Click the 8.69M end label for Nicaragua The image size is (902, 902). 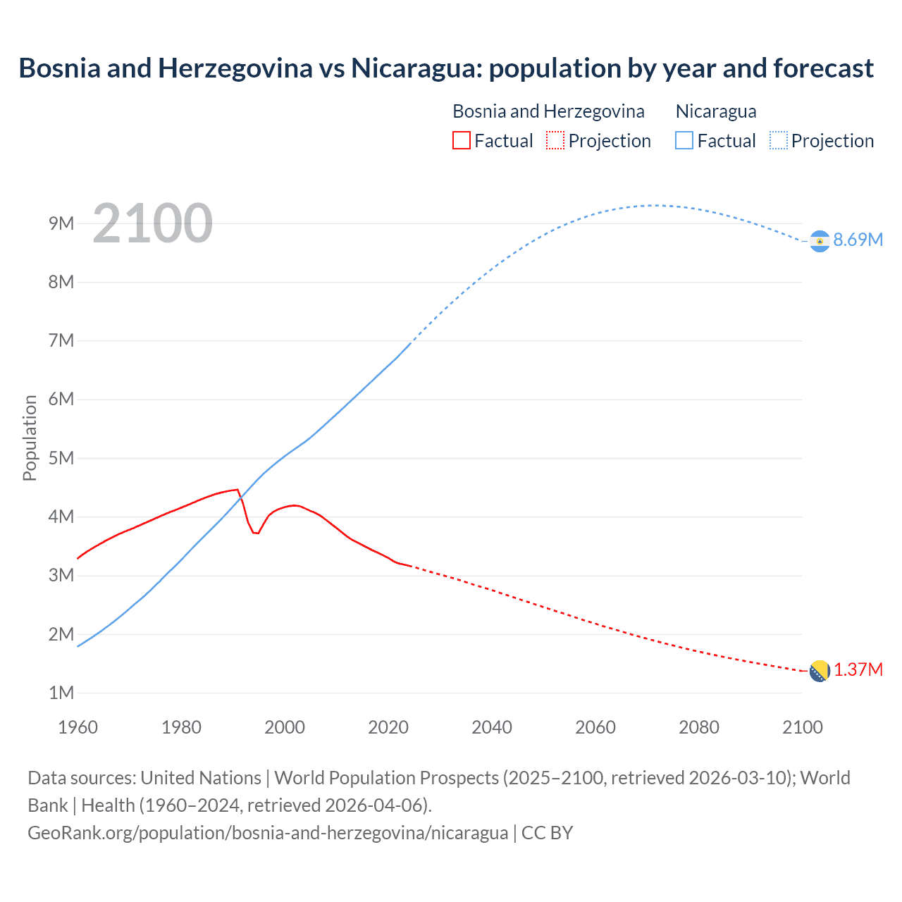[858, 240]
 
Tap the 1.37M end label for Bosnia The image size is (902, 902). [858, 669]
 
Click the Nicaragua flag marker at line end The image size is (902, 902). [819, 241]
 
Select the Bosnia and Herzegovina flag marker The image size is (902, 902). [819, 671]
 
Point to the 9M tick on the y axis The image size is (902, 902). [61, 223]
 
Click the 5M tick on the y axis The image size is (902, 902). [61, 458]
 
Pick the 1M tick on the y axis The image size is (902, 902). [61, 693]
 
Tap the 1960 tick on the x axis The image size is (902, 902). [78, 727]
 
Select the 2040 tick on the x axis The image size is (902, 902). [492, 727]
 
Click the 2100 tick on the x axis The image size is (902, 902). [802, 727]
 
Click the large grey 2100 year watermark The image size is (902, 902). [152, 223]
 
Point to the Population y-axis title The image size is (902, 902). [30, 438]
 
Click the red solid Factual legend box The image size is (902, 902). [461, 140]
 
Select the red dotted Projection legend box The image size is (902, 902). [555, 140]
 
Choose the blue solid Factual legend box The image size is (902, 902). [684, 140]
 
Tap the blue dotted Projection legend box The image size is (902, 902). [779, 140]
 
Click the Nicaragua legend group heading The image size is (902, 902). [716, 111]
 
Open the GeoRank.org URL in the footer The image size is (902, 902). [268, 832]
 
